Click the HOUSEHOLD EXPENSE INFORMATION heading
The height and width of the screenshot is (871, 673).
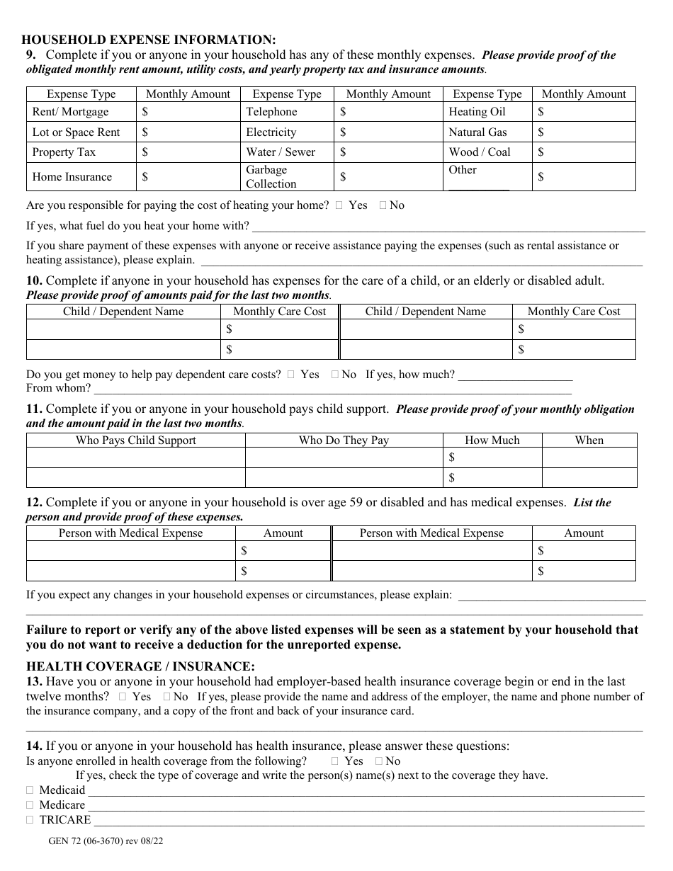click(x=149, y=40)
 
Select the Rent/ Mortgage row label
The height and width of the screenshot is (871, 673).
click(x=71, y=112)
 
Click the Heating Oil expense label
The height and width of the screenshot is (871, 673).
click(x=477, y=112)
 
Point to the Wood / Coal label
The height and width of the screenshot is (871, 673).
click(x=479, y=152)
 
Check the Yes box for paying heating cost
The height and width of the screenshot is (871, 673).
click(x=339, y=205)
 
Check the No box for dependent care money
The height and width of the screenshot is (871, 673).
click(x=334, y=375)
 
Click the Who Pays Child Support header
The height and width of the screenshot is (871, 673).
click(x=136, y=440)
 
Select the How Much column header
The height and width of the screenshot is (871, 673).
click(x=492, y=440)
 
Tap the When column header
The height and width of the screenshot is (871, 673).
click(x=589, y=440)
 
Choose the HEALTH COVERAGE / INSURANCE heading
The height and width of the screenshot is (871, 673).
click(x=140, y=666)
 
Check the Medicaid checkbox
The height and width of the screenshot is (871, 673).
click(x=30, y=790)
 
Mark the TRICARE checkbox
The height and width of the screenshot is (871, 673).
click(x=30, y=820)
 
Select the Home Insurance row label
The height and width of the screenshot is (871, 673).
click(x=72, y=177)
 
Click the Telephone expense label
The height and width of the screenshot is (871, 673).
click(x=271, y=112)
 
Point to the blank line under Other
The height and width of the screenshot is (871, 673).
click(x=479, y=188)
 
